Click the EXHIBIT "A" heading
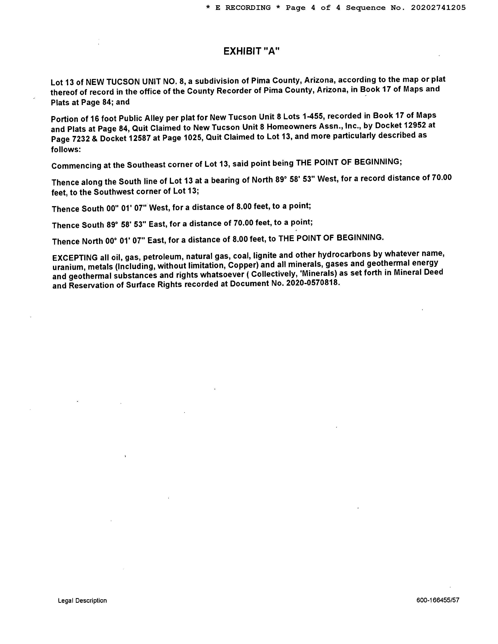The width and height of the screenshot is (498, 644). (x=251, y=52)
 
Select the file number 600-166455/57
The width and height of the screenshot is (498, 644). (x=438, y=600)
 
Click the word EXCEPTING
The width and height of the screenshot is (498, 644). (x=75, y=257)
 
